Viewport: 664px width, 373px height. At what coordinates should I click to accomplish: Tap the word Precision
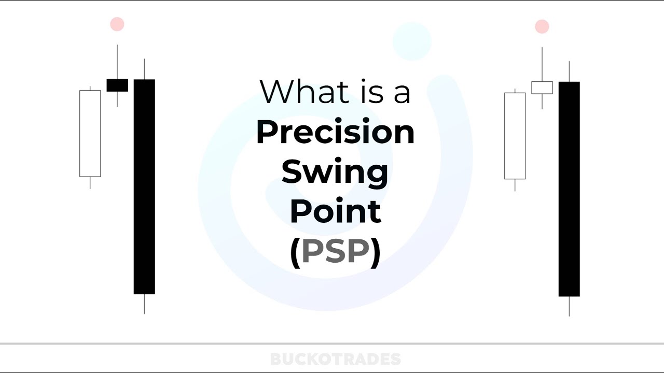[335, 132]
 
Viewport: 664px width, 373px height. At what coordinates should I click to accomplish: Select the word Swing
[335, 172]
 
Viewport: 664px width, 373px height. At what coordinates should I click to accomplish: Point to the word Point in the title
[335, 211]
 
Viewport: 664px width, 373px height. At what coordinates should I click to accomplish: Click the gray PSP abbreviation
[335, 251]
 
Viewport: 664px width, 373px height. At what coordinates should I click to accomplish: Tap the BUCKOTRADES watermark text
[335, 359]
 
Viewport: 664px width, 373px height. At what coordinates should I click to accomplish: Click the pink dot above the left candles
[117, 24]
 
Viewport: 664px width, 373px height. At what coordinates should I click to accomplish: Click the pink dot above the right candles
[542, 26]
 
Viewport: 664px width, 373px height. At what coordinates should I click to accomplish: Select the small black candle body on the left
[117, 85]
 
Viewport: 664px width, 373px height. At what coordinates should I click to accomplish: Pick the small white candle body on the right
[542, 88]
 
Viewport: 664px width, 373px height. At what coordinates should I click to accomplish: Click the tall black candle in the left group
[144, 187]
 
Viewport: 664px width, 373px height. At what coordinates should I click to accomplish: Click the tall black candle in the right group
[569, 189]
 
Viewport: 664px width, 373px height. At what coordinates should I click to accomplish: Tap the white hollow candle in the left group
[90, 133]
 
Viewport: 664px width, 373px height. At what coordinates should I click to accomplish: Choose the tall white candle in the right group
[515, 136]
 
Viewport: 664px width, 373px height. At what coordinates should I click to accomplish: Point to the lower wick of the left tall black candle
[144, 304]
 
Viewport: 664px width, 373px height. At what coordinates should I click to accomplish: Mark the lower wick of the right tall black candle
[569, 306]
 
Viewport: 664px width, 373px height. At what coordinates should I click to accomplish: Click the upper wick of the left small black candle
[117, 62]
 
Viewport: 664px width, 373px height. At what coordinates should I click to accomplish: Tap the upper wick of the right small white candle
[542, 64]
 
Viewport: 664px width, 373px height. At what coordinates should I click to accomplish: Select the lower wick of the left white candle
[90, 183]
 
